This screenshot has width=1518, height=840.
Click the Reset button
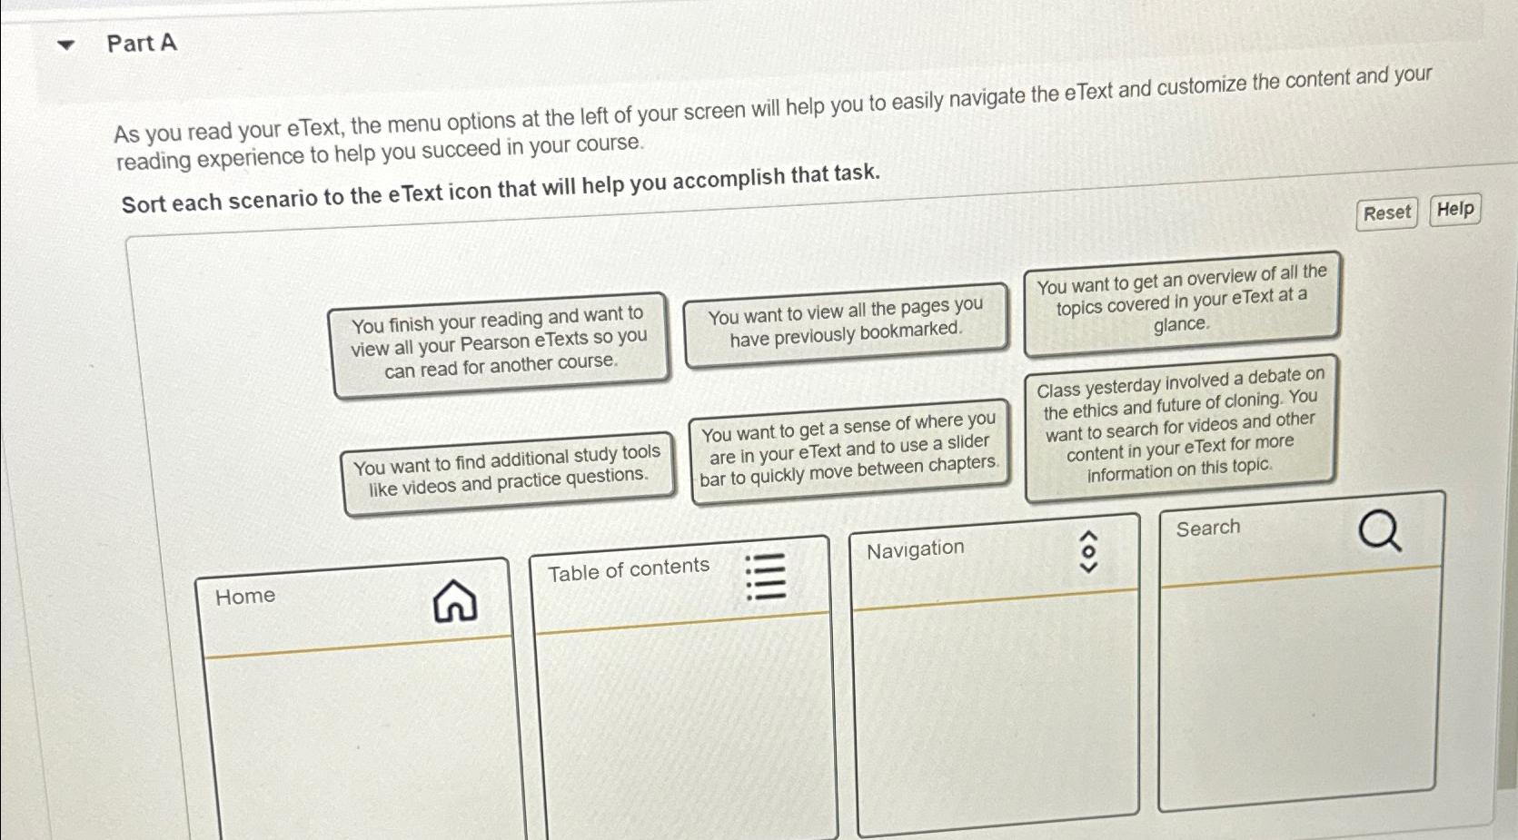click(1386, 213)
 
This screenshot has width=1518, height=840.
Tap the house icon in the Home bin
click(455, 601)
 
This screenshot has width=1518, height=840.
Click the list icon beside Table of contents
click(765, 578)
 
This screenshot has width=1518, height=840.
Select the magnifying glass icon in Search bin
click(1379, 530)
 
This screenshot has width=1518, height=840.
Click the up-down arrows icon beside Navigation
click(1087, 552)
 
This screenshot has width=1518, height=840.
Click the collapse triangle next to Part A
click(65, 44)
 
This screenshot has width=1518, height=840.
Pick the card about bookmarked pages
click(845, 323)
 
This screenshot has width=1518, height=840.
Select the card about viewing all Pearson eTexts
click(500, 343)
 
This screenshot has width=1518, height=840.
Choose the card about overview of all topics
click(1181, 301)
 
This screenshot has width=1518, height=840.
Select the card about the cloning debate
click(1180, 425)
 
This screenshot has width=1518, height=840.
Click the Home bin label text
click(245, 597)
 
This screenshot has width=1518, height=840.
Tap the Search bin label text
click(1207, 529)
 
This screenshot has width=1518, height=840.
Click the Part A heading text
click(142, 44)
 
